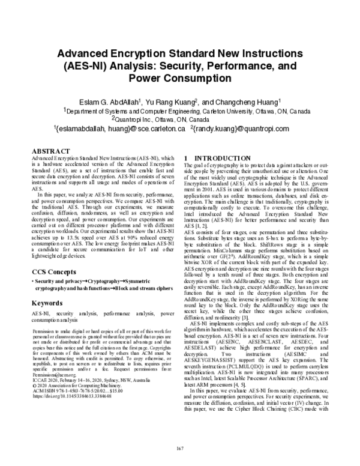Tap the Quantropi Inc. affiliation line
click(180, 119)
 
